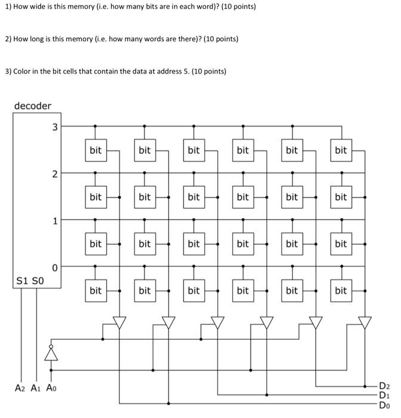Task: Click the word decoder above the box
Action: (x=33, y=106)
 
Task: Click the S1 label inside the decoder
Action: (x=22, y=280)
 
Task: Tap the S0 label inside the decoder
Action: (x=37, y=280)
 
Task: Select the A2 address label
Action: (x=20, y=387)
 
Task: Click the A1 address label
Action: (x=35, y=387)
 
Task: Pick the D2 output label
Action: (x=384, y=385)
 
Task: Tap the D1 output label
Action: (x=384, y=395)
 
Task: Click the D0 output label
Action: (x=384, y=404)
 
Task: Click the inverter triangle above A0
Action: (x=50, y=355)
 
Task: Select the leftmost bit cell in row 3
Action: (x=95, y=150)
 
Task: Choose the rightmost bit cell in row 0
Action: (x=341, y=291)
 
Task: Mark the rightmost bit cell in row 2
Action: (x=341, y=197)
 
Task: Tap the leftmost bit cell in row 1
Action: (x=95, y=244)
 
